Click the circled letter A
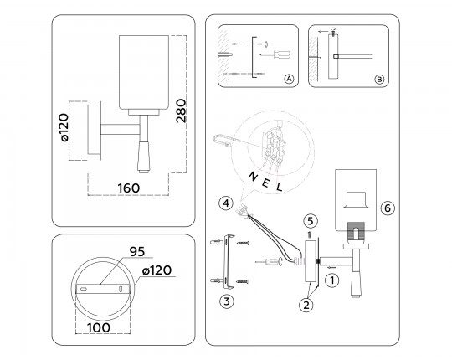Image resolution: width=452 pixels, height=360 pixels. (x=290, y=80)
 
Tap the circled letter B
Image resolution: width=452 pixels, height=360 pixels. (x=378, y=80)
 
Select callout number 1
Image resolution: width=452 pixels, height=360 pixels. (x=332, y=280)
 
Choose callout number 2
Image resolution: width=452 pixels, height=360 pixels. (x=306, y=306)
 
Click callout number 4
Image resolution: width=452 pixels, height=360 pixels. (x=226, y=203)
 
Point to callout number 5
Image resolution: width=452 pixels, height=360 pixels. (x=309, y=221)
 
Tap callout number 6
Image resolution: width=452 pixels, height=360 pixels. (x=386, y=207)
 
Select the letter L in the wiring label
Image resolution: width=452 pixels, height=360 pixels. (x=279, y=185)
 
